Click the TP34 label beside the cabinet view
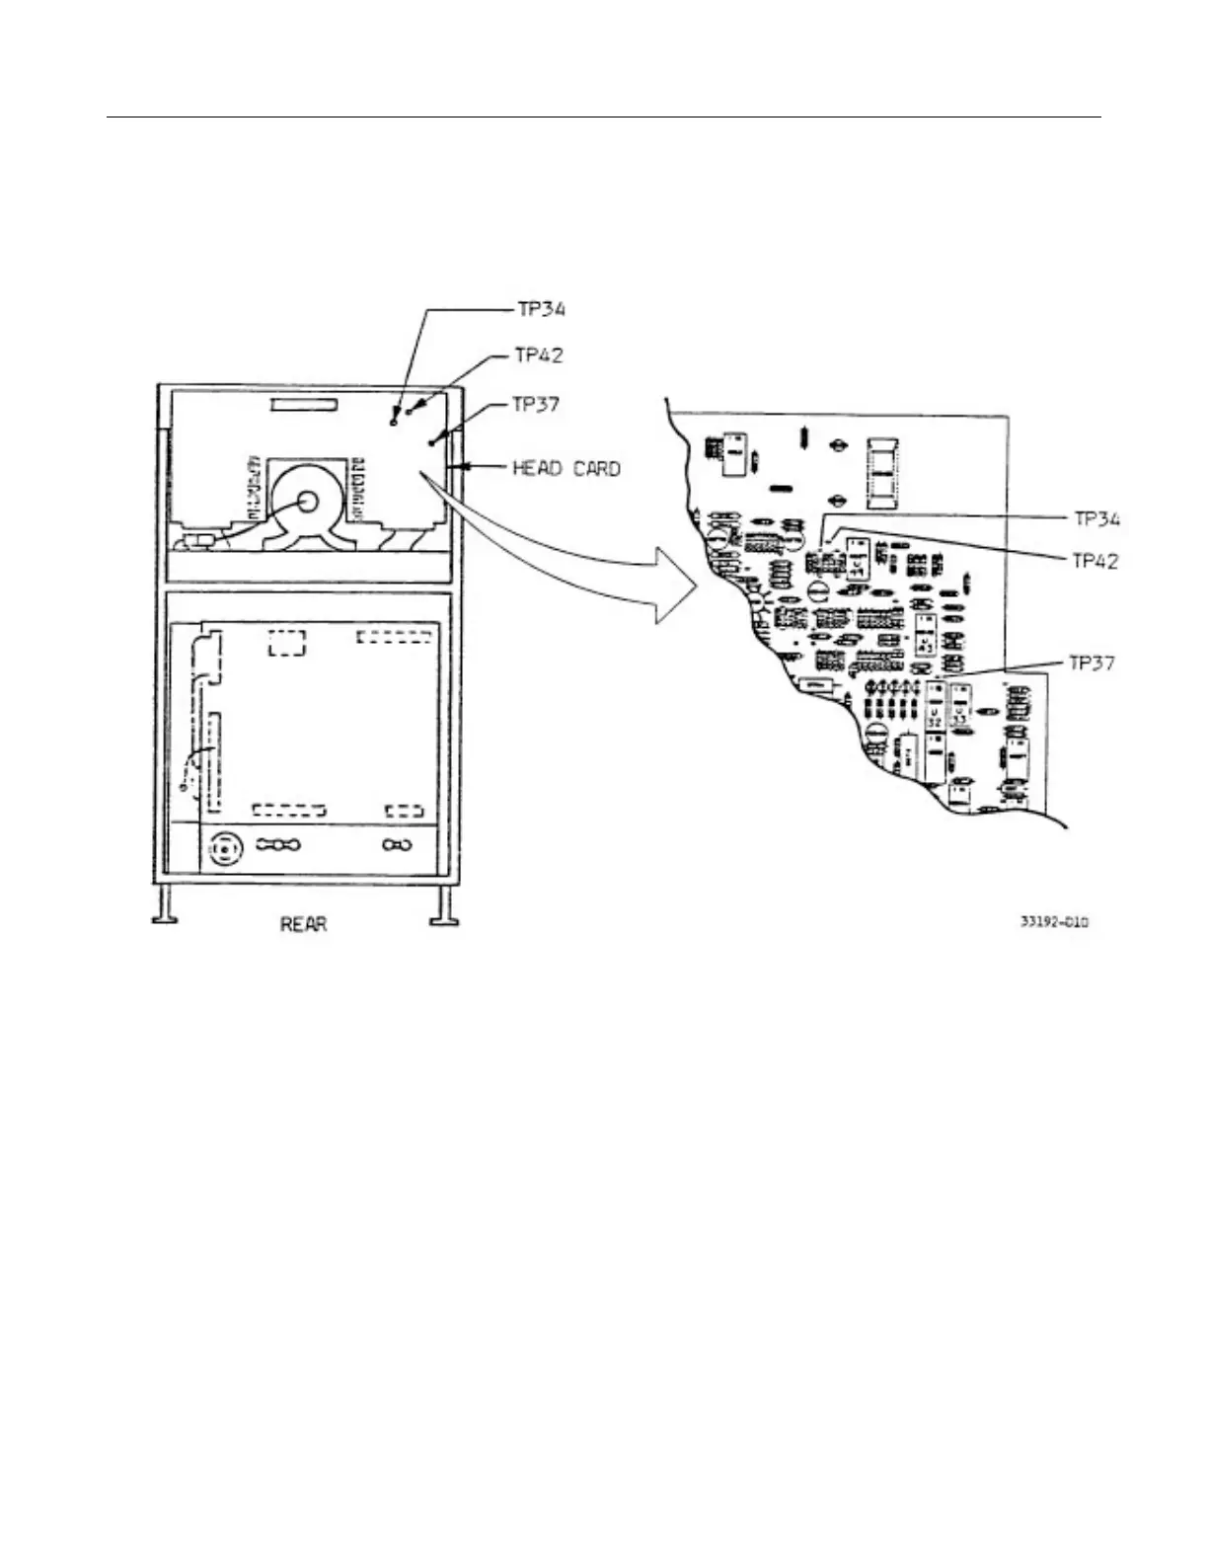541,310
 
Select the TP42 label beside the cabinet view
539,355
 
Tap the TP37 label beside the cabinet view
536,404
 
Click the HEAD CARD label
566,468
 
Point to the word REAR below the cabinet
303,925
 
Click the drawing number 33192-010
1054,922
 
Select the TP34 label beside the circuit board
1097,519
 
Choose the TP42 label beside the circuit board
1095,561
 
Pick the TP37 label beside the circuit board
1093,663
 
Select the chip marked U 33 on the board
959,713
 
